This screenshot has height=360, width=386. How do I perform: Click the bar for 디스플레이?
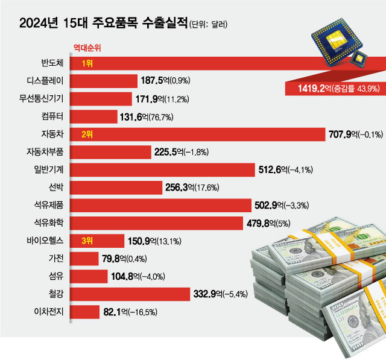pyautogui.click(x=105, y=80)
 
